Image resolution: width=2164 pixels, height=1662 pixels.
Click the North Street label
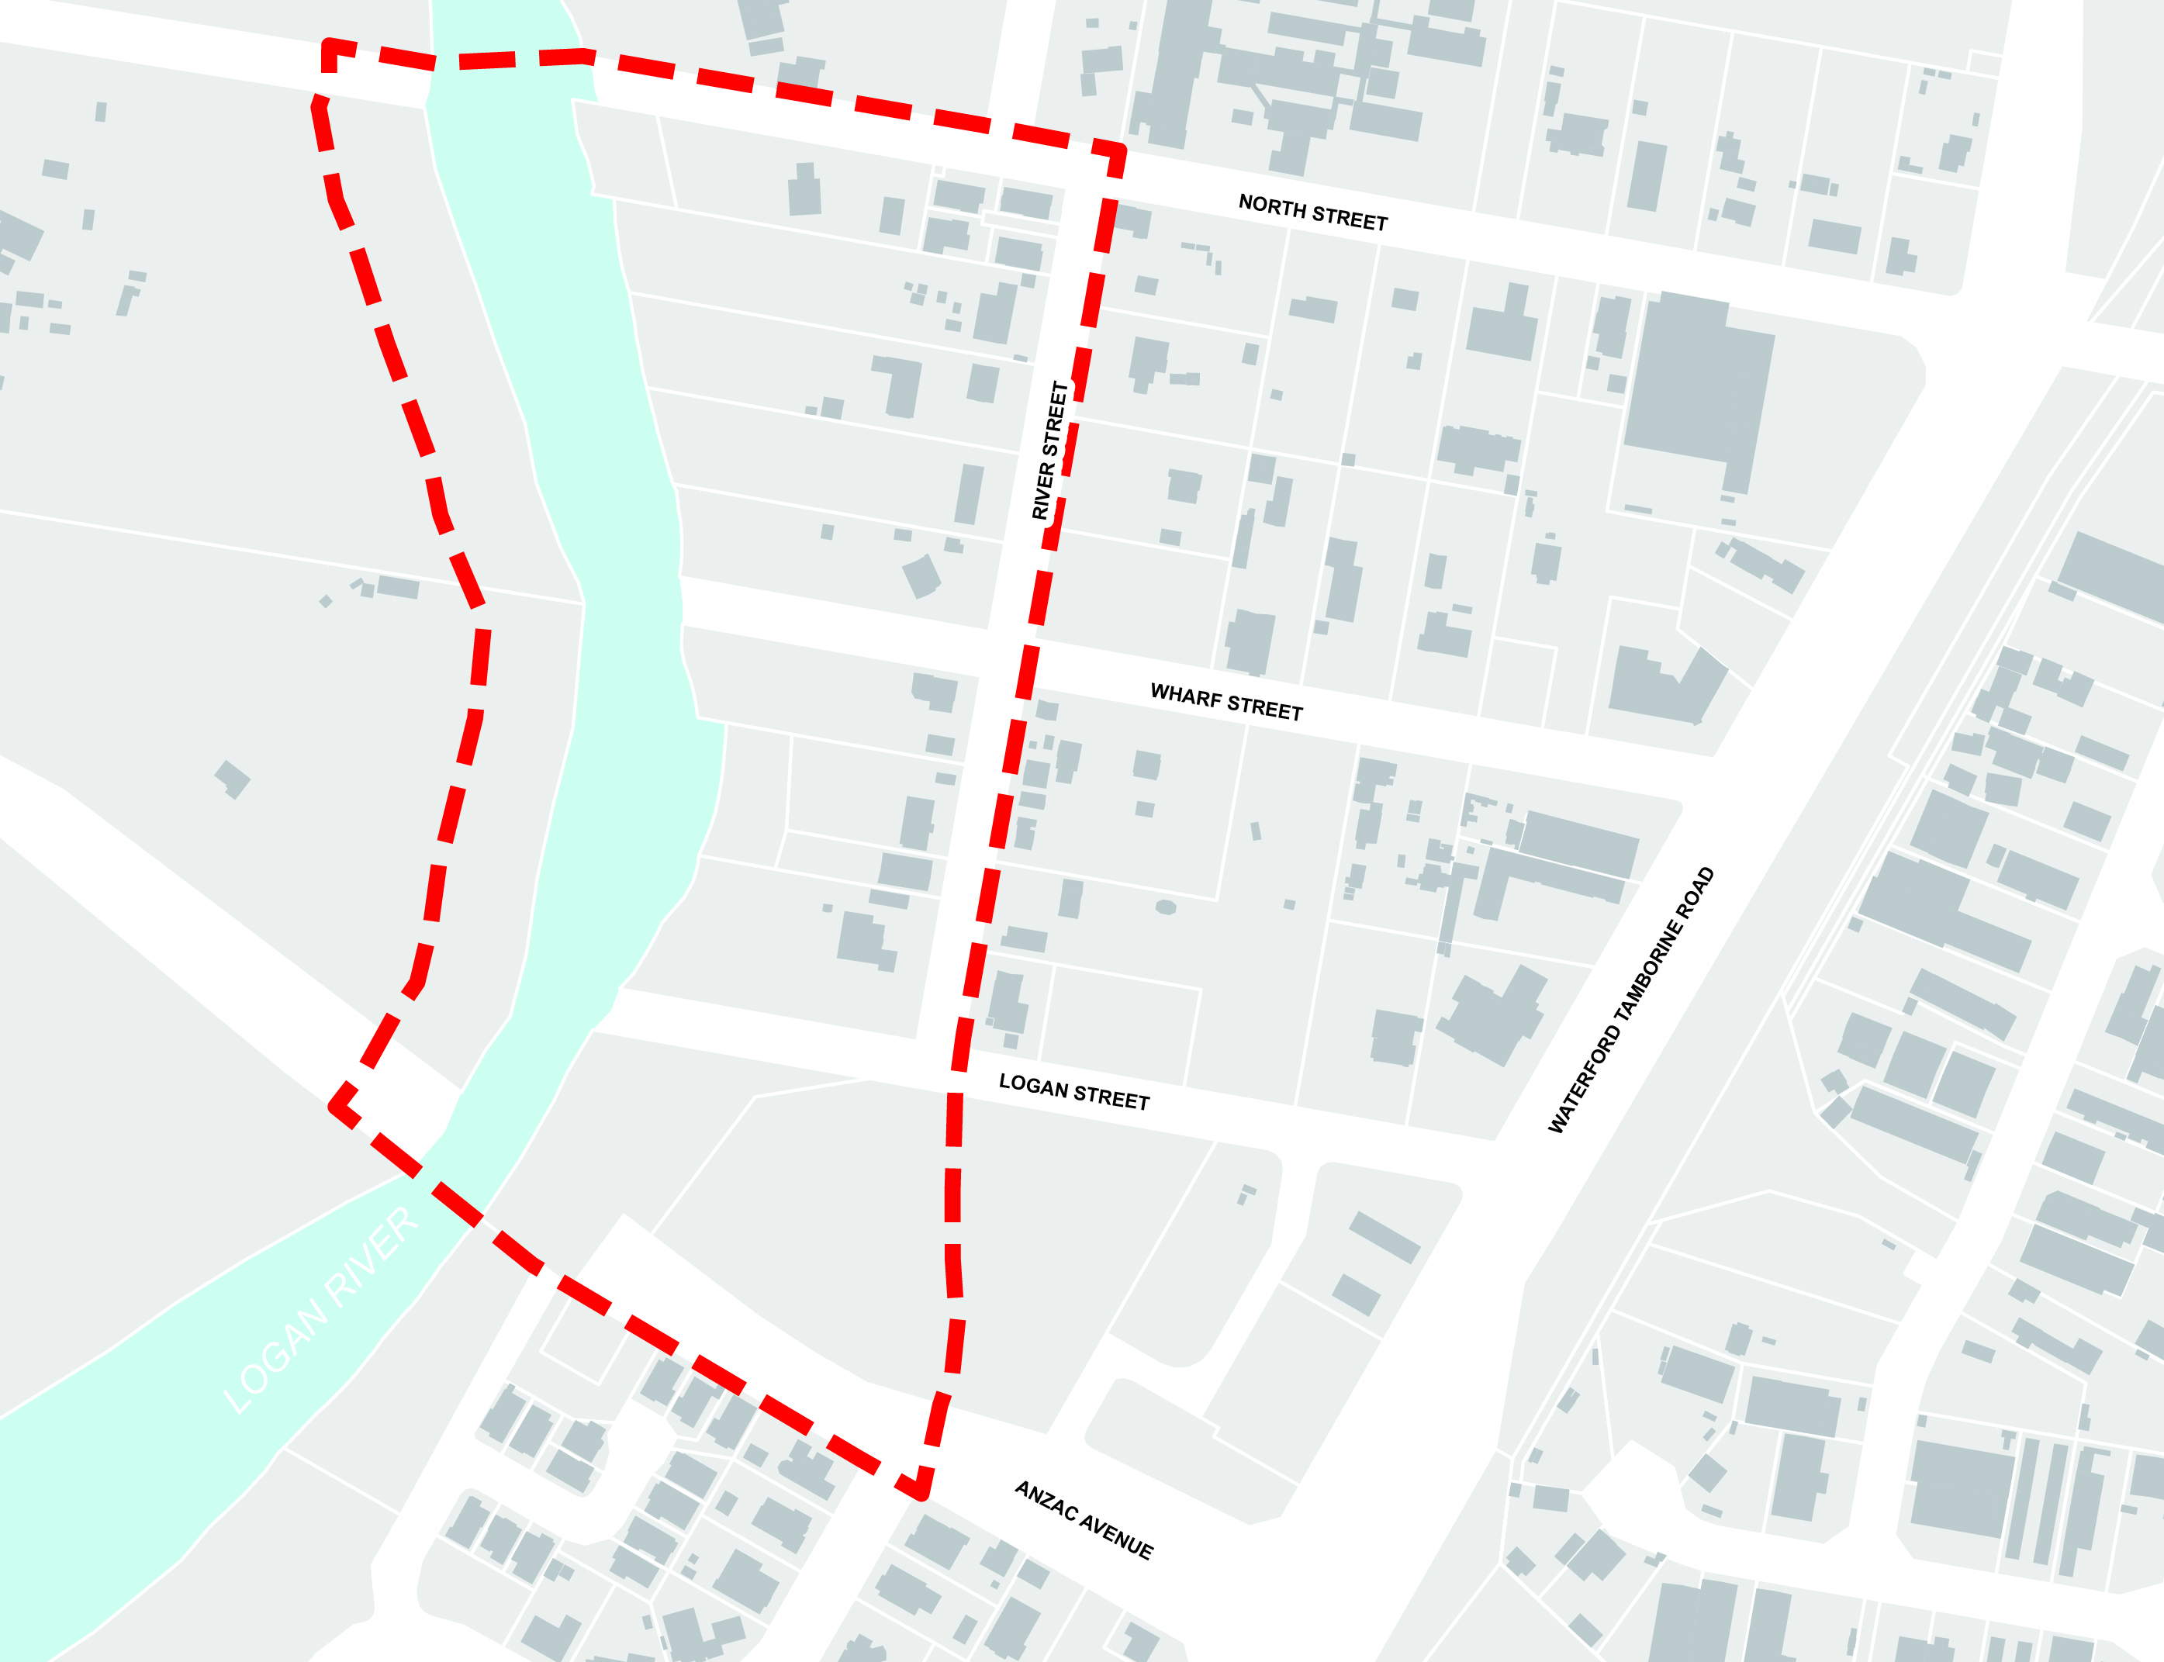[1313, 213]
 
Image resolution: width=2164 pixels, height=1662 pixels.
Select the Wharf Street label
[1226, 703]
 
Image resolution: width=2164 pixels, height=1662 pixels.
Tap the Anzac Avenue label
[1084, 1521]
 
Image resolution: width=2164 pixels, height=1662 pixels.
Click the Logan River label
[322, 1311]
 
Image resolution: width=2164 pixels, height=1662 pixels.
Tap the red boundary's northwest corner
[330, 44]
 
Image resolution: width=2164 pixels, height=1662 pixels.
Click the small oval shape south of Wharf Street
[1166, 907]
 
